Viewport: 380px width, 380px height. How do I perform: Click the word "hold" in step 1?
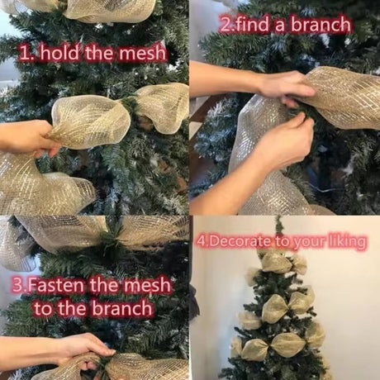pos(59,53)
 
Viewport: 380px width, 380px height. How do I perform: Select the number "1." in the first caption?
pos(27,54)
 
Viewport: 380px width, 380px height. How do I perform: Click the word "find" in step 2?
pos(253,24)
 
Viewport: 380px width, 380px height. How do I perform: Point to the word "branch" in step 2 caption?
pos(321,25)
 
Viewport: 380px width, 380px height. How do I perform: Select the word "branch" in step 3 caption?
pos(122,308)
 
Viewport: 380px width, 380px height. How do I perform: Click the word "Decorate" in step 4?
pos(240,241)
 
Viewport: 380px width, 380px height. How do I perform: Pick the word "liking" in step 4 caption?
pos(346,242)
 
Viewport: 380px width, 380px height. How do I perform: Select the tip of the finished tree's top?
pos(278,217)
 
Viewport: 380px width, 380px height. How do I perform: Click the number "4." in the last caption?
pos(202,241)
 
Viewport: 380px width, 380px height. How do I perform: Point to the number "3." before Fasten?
pos(19,285)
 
